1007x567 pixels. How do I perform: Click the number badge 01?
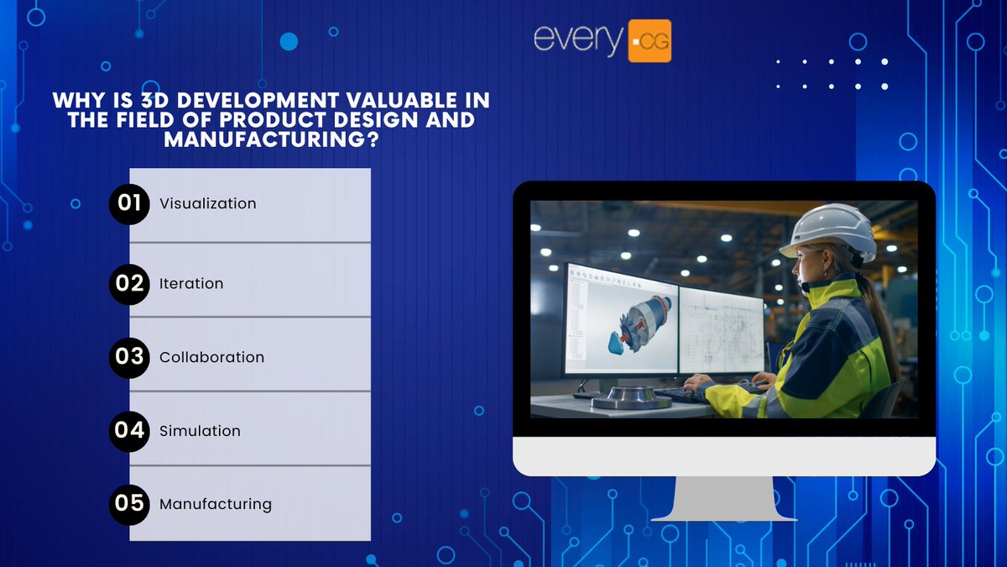pos(129,204)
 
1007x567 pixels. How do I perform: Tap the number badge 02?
pos(129,284)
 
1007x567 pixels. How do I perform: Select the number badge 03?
pos(129,357)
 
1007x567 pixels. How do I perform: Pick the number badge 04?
pos(129,431)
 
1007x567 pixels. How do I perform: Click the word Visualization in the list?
pos(207,204)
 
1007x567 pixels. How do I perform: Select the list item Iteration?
pos(191,284)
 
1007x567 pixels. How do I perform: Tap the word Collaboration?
pos(211,357)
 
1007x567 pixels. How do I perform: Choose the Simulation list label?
pos(200,431)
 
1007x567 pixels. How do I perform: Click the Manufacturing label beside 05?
pos(216,505)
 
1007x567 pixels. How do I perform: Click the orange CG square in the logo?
pos(650,41)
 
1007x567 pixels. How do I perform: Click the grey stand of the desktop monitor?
pos(724,499)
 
